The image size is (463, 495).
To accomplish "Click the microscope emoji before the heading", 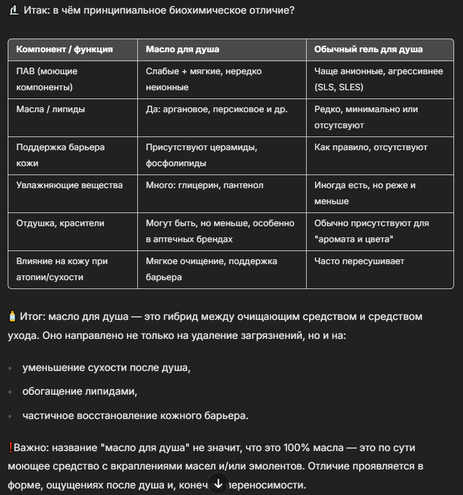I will (14, 11).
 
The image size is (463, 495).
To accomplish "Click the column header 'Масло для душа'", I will (182, 49).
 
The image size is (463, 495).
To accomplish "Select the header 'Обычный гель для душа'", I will (368, 49).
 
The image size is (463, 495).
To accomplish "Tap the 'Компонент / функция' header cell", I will (64, 49).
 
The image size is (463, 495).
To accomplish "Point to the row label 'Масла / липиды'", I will (51, 109).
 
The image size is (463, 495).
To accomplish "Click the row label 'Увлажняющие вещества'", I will (69, 185).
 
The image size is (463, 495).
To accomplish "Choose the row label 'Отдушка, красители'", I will (60, 223).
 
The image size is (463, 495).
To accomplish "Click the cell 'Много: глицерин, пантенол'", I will (204, 185).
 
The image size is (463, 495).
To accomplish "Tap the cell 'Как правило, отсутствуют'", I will (371, 147).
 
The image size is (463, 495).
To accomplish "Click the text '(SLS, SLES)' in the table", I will (339, 87).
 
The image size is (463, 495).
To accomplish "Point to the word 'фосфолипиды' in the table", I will (176, 163).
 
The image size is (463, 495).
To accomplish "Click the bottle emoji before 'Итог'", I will (12, 317).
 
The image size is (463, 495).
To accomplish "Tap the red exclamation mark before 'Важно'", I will (11, 447).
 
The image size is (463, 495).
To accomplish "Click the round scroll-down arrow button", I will (218, 483).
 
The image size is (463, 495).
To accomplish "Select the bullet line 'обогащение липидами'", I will (80, 392).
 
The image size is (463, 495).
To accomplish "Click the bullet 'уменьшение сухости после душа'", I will (106, 368).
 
